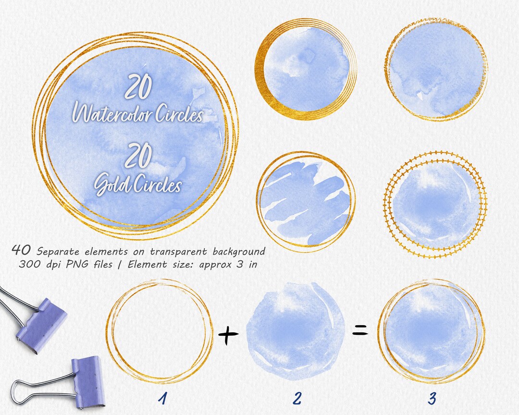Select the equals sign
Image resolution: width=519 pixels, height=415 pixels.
coord(360,330)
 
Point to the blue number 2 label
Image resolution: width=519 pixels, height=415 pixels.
coord(297,398)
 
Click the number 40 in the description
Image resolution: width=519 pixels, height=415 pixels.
coord(22,250)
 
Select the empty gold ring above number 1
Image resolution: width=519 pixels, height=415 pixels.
coord(159,331)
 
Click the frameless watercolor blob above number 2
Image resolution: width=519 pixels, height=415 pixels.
coord(296,331)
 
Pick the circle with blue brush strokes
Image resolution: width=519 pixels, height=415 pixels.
coord(306,199)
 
